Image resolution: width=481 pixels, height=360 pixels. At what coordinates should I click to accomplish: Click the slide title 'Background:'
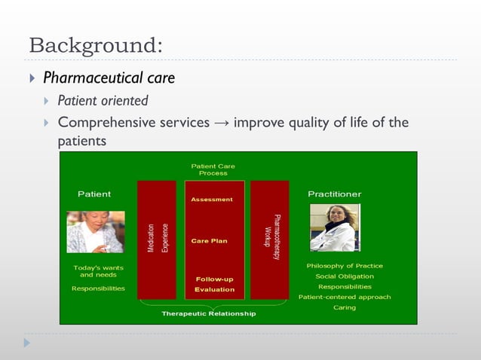pos(94,44)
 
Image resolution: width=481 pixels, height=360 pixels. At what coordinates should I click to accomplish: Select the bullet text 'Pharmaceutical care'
pos(109,78)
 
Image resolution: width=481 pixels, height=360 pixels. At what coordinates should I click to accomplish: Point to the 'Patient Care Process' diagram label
pos(213,169)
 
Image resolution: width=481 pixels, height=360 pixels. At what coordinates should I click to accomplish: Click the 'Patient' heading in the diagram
pos(94,194)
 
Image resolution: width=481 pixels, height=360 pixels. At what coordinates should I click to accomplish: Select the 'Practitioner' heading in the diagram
pos(334,194)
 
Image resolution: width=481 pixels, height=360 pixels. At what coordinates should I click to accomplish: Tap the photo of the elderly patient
pos(95,231)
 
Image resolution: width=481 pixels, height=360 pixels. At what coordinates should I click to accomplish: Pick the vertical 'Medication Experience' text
pos(157,237)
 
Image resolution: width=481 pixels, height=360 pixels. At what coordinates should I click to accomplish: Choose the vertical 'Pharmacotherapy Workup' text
pos(271,237)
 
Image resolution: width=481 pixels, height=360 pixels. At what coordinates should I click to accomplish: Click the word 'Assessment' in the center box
pos(212,200)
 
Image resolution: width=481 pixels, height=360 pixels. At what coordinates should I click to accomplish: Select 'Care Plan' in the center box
pos(209,241)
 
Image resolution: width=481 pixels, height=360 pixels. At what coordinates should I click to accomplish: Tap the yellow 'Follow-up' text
pos(215,279)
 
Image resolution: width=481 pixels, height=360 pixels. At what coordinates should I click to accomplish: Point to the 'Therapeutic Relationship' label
pos(209,313)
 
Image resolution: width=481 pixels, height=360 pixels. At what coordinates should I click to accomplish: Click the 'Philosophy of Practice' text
pos(344,266)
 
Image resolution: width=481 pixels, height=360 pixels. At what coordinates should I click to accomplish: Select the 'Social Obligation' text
pos(344,276)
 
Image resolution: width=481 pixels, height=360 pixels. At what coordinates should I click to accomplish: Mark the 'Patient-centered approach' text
pos(344,297)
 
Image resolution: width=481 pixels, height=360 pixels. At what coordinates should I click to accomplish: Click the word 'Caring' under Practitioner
pos(345,307)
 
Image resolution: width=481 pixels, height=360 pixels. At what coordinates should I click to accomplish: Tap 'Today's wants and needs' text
pos(98,271)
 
